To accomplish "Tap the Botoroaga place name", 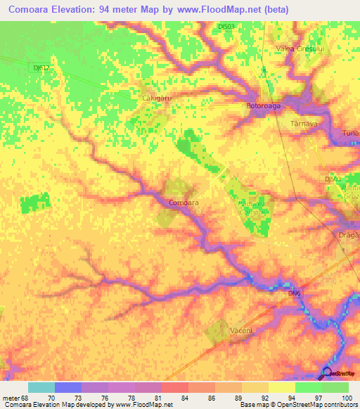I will [x=263, y=106].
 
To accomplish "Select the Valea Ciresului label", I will [x=294, y=48].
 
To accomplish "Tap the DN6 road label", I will [x=295, y=292].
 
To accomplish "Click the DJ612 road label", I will [x=41, y=67].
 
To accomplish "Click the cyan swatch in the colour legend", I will [x=41, y=387].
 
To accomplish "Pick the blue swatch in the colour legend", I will [x=67, y=387].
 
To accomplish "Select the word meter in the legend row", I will [x=9, y=397].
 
